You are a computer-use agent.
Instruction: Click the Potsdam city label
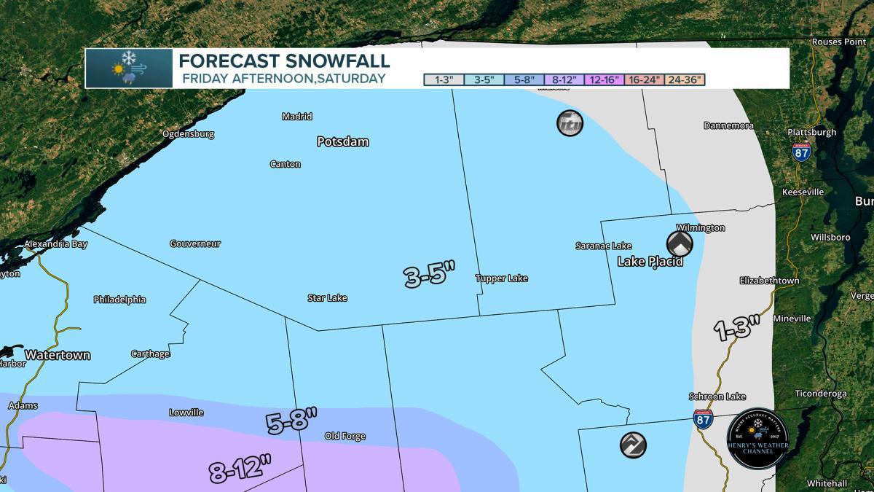pyautogui.click(x=342, y=141)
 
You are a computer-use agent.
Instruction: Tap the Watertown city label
pyautogui.click(x=58, y=355)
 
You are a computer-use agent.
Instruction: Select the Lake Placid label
pyautogui.click(x=650, y=261)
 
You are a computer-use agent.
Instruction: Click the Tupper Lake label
pyautogui.click(x=501, y=278)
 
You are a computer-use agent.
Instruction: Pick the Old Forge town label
pyautogui.click(x=345, y=437)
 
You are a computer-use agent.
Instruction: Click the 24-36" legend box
pyautogui.click(x=684, y=79)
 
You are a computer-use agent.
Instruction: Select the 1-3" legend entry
pyautogui.click(x=443, y=79)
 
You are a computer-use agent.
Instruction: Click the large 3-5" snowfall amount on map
pyautogui.click(x=429, y=276)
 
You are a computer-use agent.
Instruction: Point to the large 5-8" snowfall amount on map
pyautogui.click(x=292, y=422)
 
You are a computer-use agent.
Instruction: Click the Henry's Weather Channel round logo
pyautogui.click(x=757, y=438)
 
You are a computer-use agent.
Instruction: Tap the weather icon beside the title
pyautogui.click(x=129, y=69)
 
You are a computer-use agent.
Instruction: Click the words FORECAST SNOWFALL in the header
pyautogui.click(x=284, y=61)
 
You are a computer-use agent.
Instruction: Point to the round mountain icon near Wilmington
pyautogui.click(x=679, y=243)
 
